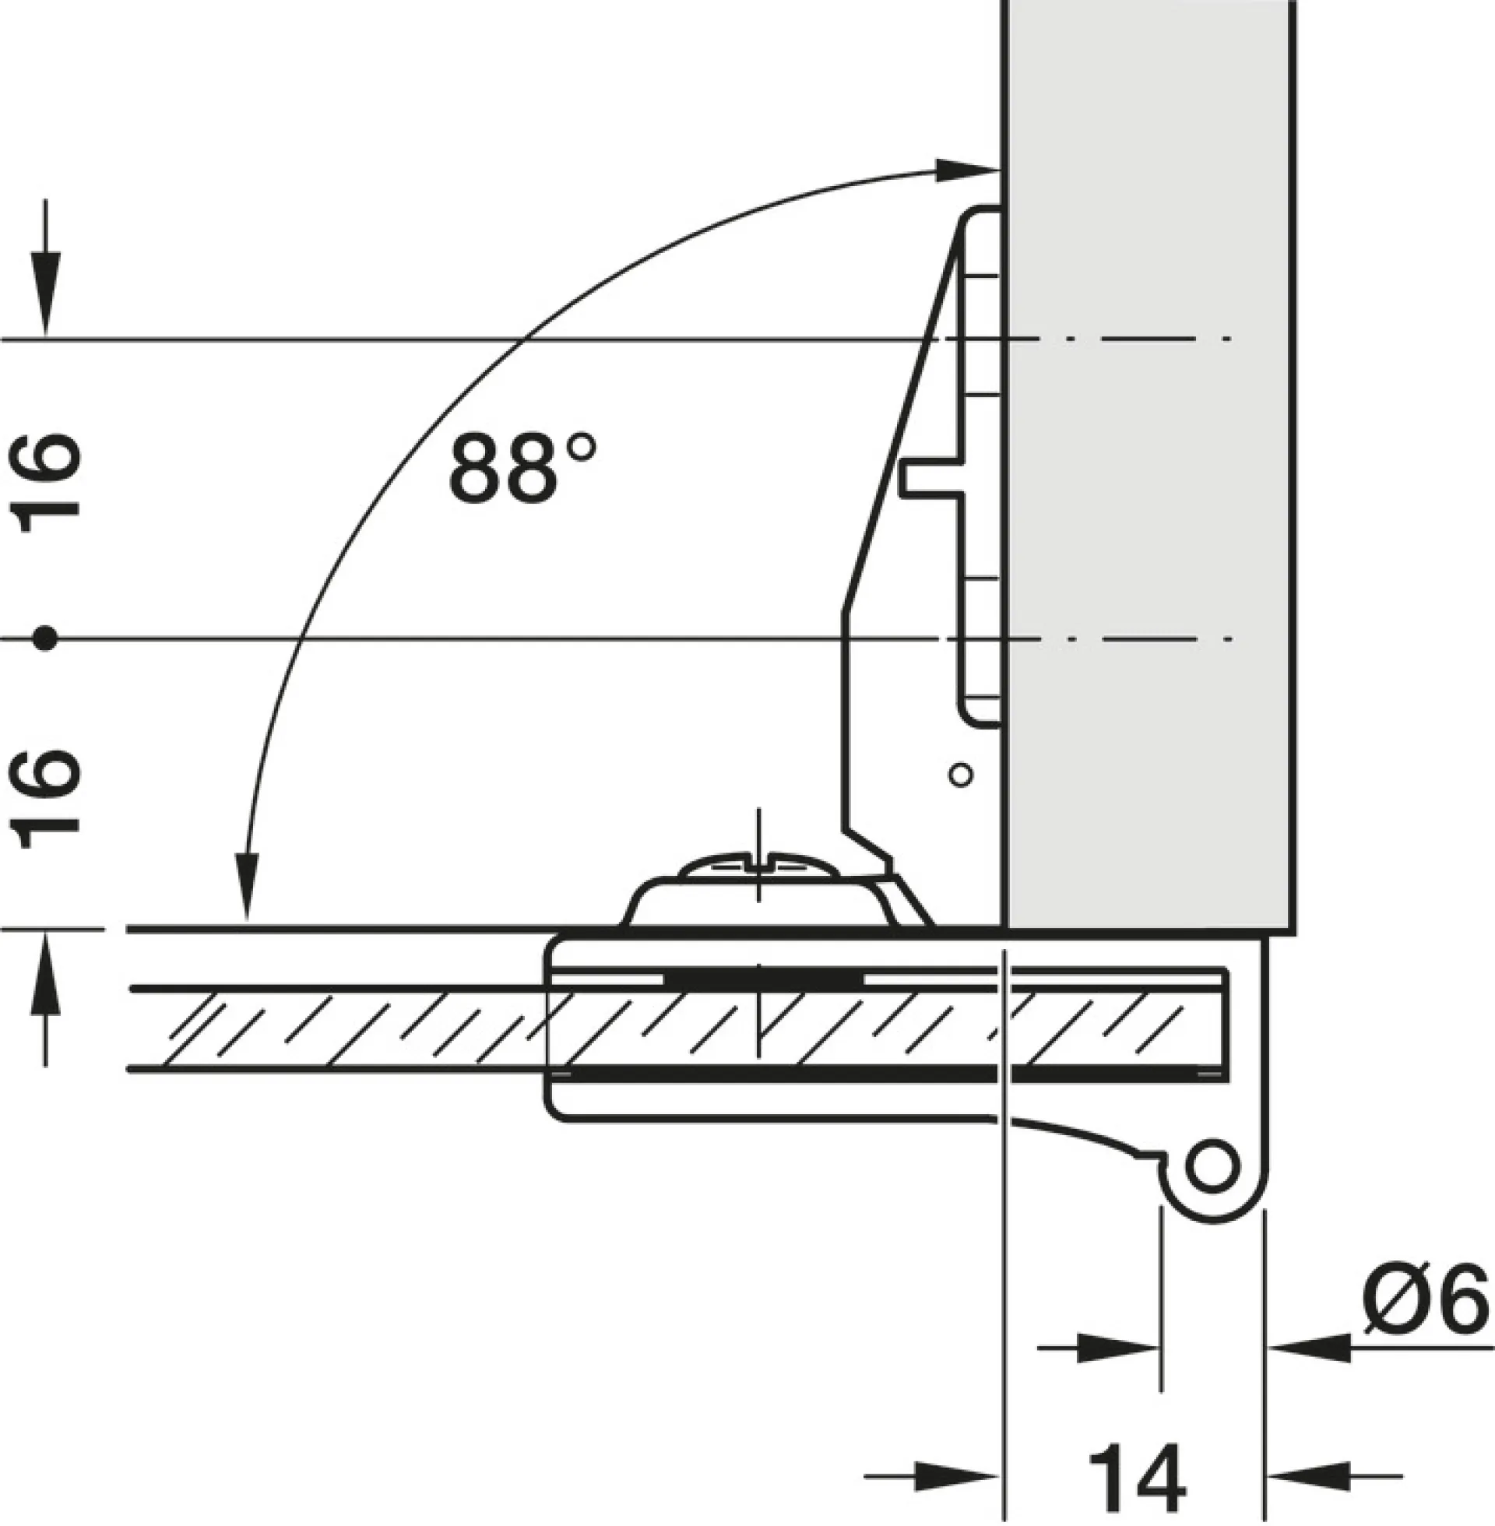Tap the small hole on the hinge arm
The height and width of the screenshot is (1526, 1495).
[x=961, y=775]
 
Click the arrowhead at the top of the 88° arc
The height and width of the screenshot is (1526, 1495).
[x=966, y=170]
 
